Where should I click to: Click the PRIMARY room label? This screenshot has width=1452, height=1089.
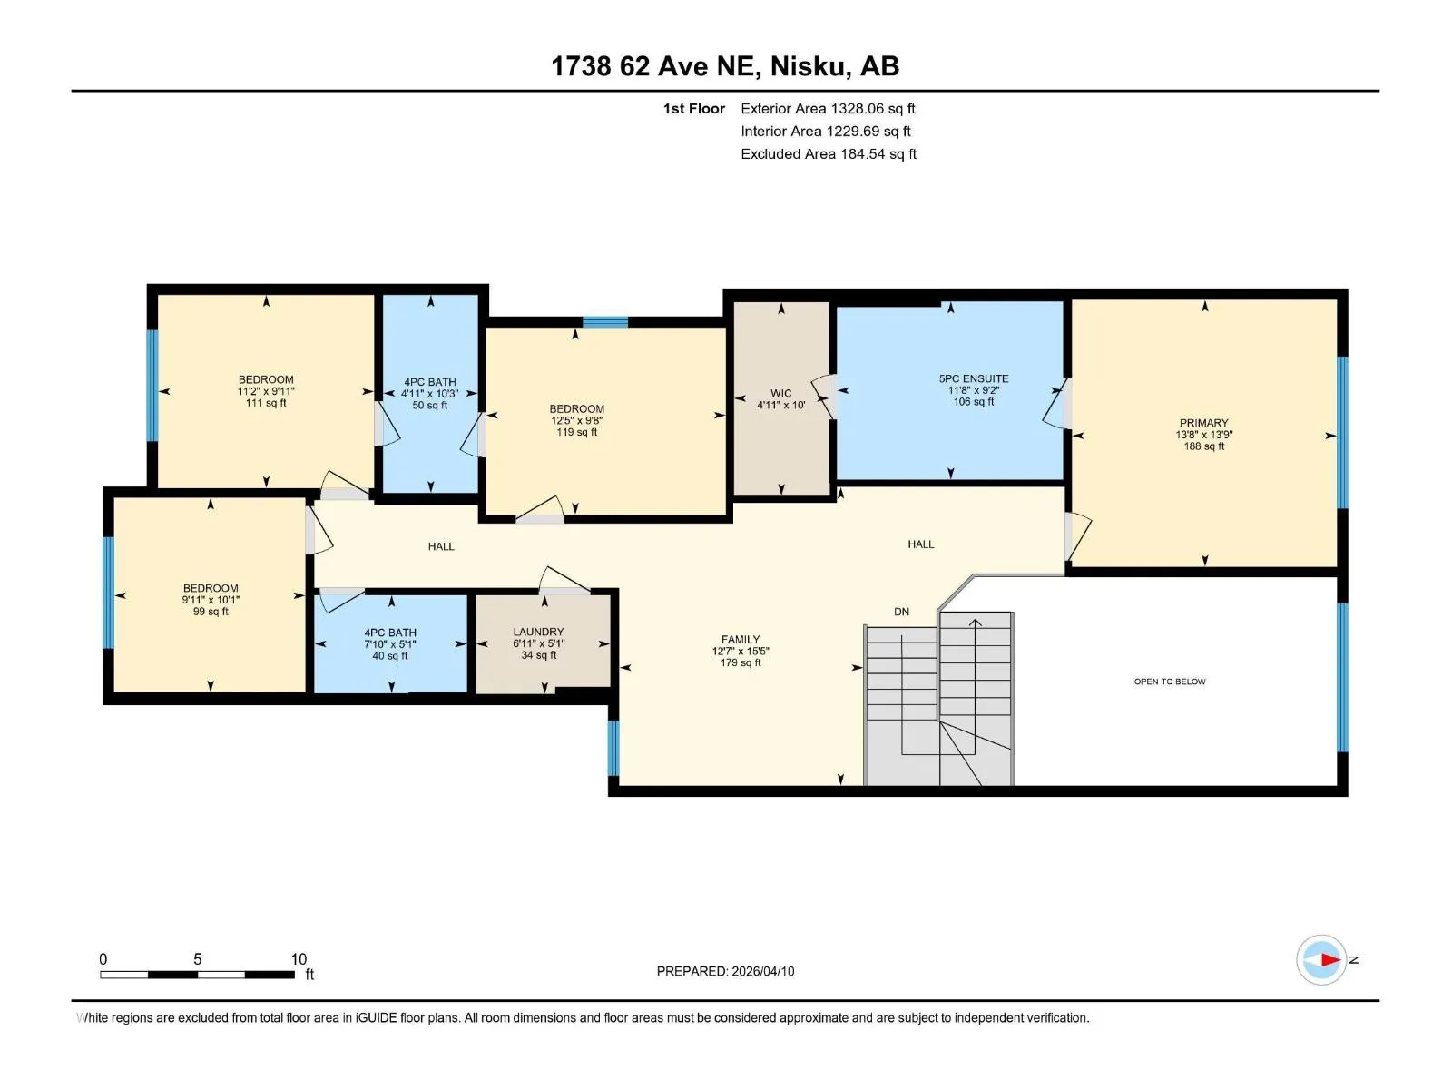[1203, 423]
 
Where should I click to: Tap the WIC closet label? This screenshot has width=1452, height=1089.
[780, 394]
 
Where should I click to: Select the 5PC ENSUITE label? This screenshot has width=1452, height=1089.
[973, 378]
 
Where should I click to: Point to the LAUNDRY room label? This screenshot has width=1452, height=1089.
[538, 633]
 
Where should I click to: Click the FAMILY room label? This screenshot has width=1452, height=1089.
[741, 640]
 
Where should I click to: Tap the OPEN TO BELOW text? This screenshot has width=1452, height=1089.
[1170, 682]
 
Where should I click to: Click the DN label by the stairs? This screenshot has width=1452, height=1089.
[901, 612]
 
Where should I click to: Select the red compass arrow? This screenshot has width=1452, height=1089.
[1330, 959]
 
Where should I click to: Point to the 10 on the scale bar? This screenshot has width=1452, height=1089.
[299, 958]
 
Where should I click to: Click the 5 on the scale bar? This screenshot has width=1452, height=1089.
[197, 958]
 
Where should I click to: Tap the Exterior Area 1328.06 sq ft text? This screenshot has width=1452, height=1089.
[828, 108]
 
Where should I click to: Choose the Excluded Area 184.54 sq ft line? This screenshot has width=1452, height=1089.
[829, 154]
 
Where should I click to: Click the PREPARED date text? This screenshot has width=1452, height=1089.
[725, 971]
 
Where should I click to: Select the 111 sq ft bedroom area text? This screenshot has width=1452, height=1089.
[266, 403]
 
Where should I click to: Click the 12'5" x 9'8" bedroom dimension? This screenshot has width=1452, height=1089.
[576, 420]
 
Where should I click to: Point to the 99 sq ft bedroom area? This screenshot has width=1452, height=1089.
[211, 612]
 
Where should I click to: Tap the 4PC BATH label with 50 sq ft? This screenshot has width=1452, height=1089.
[430, 382]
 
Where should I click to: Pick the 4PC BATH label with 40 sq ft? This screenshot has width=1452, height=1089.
[389, 633]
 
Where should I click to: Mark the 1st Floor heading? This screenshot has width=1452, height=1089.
[694, 108]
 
